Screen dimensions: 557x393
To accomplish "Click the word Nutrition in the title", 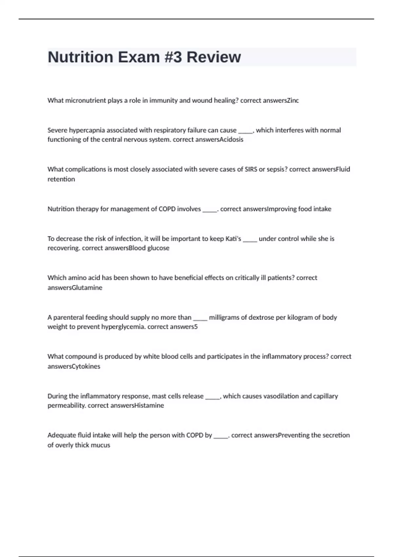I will point(80,57).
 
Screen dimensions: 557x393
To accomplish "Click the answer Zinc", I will point(293,101).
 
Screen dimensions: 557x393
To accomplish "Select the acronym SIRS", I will point(251,169).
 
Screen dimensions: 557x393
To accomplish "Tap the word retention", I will point(61,179).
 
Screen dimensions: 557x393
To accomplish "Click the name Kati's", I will point(233,239).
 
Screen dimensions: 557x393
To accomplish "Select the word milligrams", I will point(224,317).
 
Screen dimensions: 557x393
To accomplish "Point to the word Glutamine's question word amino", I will point(77,278).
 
